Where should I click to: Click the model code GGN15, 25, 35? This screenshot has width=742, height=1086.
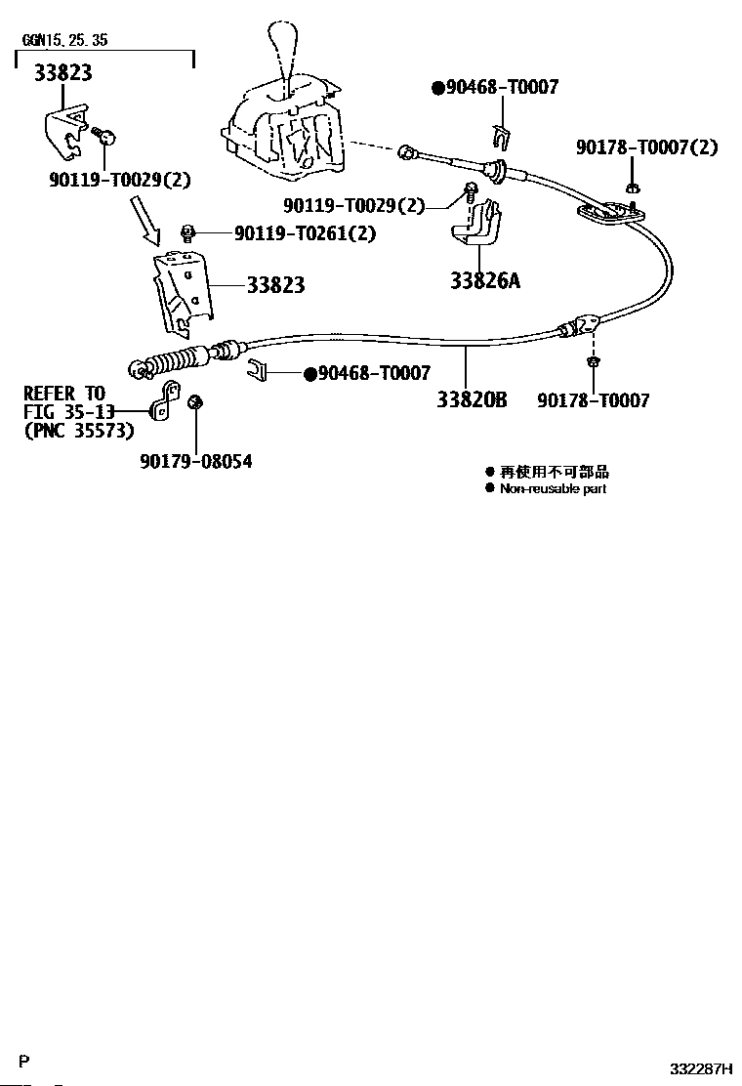click(64, 41)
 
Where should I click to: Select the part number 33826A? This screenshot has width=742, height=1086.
click(485, 281)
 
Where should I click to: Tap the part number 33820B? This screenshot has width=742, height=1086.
click(472, 399)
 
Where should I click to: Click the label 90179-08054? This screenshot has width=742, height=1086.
click(195, 461)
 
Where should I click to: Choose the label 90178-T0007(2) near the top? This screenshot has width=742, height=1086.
click(646, 147)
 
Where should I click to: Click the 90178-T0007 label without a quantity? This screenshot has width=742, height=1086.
click(593, 400)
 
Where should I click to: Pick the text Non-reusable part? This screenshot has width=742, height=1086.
click(553, 488)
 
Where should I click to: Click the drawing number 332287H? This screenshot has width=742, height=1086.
click(701, 1068)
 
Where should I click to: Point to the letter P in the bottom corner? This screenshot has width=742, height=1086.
click(25, 1062)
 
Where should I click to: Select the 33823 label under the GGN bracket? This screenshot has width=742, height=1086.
click(63, 72)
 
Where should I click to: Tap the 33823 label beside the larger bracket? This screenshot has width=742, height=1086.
click(275, 285)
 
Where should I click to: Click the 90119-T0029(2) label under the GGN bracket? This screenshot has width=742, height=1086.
click(119, 180)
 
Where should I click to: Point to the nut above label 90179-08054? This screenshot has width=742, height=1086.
click(195, 401)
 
